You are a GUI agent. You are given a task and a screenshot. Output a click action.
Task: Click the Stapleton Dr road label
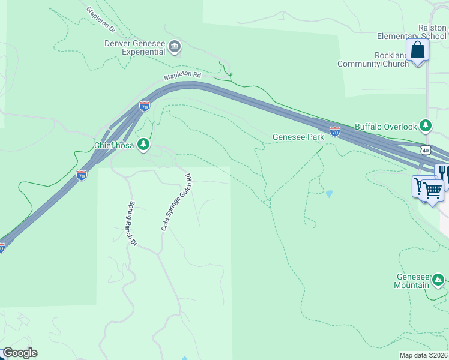coord(101,19)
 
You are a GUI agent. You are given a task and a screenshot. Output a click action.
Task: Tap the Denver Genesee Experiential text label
coord(135,47)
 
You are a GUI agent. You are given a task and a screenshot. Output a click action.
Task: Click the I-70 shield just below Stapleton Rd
coord(145,106)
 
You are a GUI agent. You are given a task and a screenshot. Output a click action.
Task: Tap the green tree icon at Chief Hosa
coord(143,144)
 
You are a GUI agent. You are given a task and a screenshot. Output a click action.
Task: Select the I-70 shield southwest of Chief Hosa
coord(82,175)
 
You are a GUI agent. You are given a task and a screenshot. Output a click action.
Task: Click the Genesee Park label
coord(298,137)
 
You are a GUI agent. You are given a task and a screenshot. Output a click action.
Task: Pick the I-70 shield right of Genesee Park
coord(335,131)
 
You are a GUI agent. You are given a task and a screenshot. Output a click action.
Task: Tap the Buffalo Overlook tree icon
coord(426,125)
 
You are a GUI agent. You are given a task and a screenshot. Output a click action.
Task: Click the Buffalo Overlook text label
coord(385,127)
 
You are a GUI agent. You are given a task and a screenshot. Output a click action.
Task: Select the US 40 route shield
coord(426,149)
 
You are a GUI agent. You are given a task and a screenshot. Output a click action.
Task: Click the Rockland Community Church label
coord(373,59)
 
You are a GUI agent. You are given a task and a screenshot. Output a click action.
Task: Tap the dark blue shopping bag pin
coord(418,50)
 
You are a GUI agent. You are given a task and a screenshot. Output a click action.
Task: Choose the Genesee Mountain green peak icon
coord(438,280)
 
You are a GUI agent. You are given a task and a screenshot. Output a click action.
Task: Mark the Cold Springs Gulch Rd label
coord(176,202)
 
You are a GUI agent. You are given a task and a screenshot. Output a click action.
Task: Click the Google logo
coord(20,353)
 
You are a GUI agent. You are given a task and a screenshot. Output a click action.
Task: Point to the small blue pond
coord(328,194)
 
